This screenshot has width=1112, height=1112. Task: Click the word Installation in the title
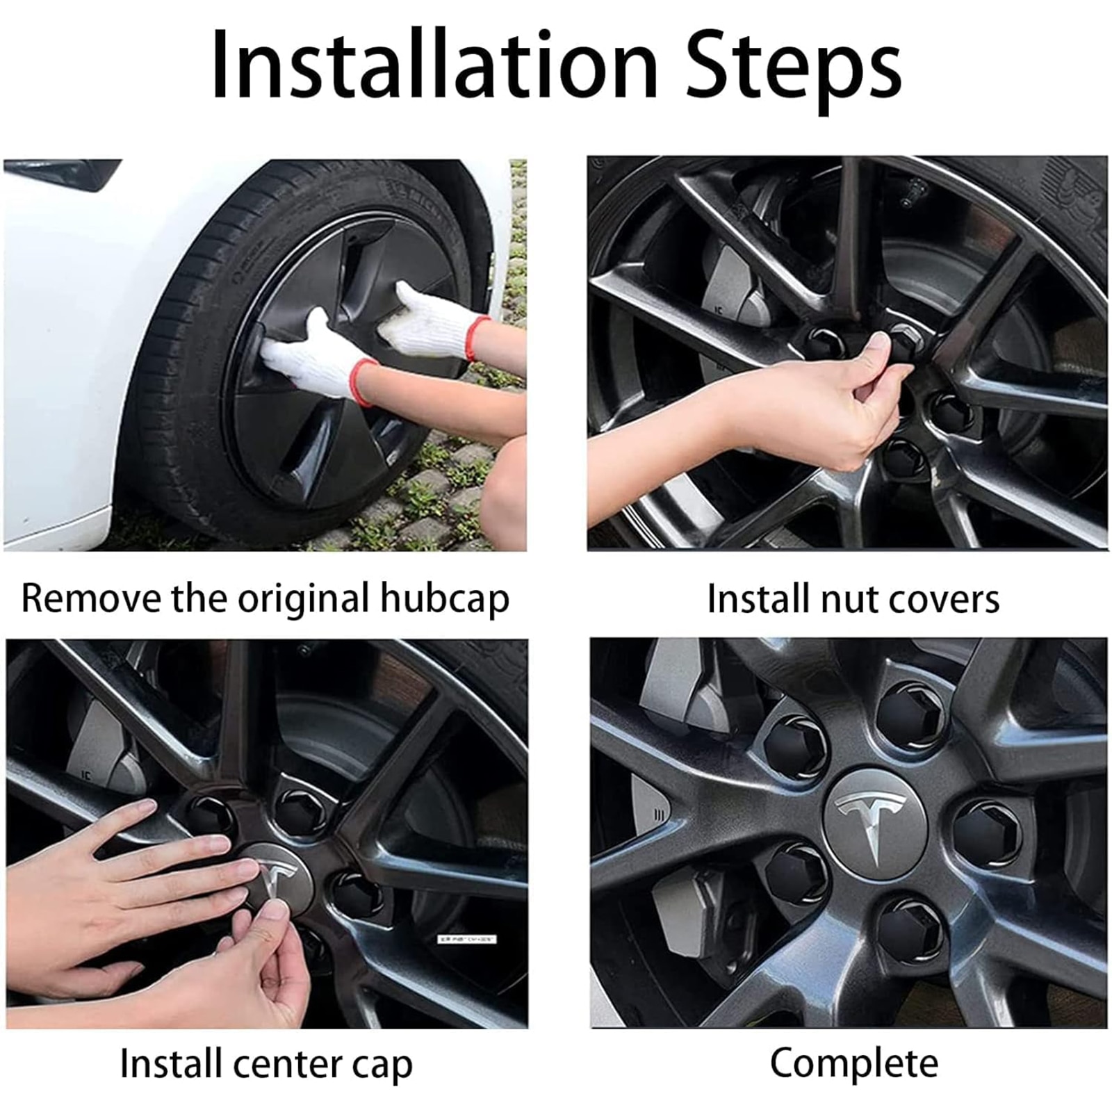tap(434, 66)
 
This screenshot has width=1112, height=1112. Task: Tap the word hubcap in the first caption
tap(445, 599)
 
